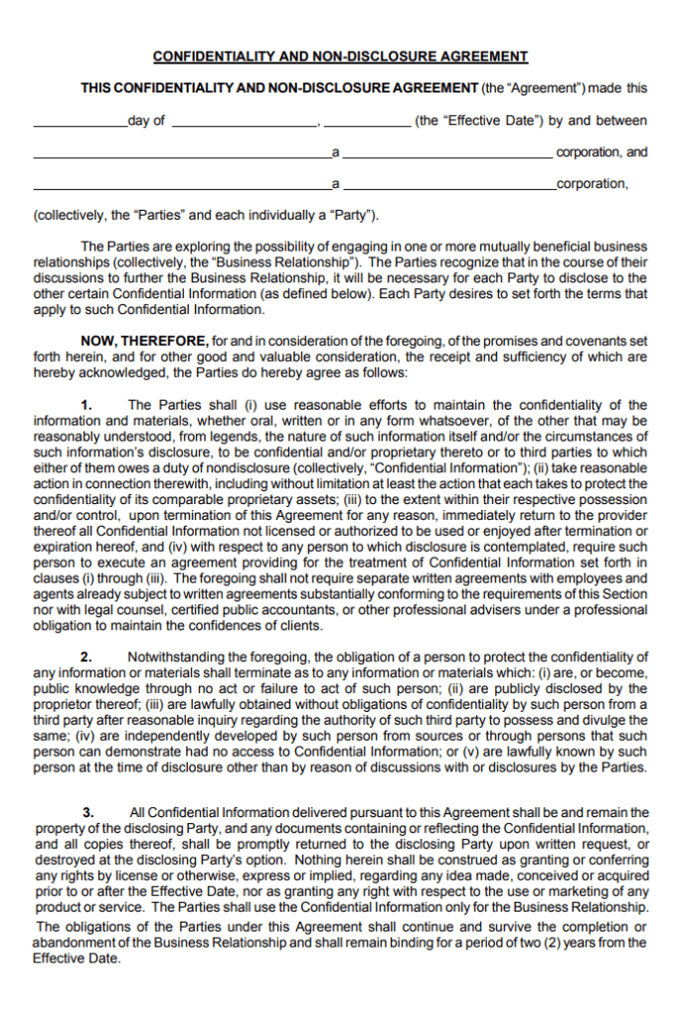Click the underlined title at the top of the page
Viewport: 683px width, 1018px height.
(x=341, y=57)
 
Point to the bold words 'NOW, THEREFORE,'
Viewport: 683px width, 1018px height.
(x=143, y=341)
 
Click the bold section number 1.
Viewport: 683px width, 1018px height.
(x=86, y=405)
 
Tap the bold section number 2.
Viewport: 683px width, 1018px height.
(x=86, y=656)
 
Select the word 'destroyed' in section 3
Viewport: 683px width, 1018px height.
(x=66, y=860)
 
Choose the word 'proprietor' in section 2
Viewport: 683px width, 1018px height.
(x=68, y=704)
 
